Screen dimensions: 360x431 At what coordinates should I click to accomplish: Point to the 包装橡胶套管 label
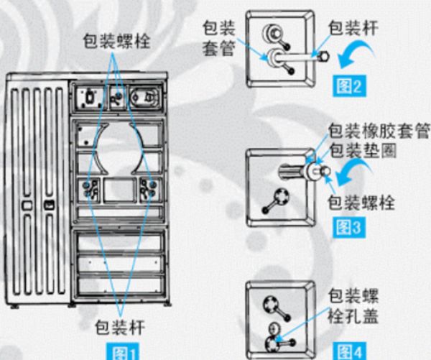pyautogui.click(x=379, y=131)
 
